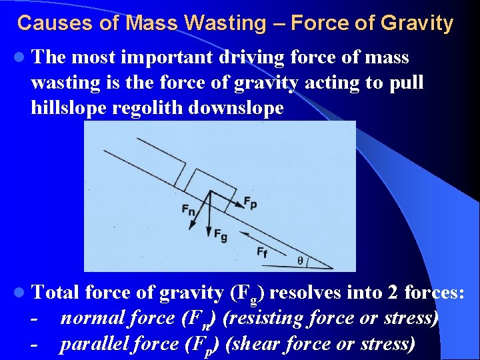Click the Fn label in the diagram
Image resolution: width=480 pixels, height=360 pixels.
click(x=189, y=209)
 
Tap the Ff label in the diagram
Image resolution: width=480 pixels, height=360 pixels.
click(x=263, y=252)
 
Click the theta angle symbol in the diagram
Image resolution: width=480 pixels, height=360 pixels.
click(x=300, y=260)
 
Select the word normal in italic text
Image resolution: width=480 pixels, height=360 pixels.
click(x=87, y=318)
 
